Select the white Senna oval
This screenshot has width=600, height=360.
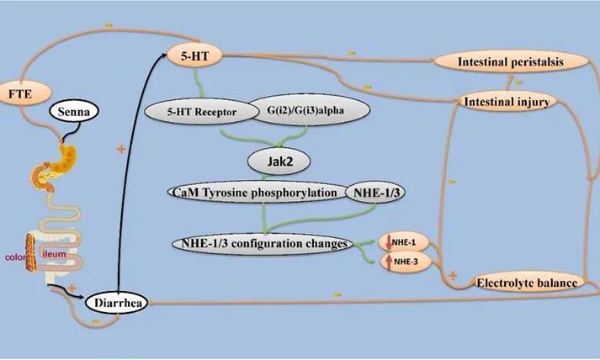coord(77,111)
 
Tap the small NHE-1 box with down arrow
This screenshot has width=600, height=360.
coord(399,243)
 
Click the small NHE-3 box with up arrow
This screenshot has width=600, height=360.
coord(399,261)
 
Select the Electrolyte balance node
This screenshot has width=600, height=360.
coord(527,283)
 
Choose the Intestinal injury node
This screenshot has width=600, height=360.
coord(507,102)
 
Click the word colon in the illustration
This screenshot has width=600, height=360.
coord(15,258)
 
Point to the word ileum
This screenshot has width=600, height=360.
coord(55,251)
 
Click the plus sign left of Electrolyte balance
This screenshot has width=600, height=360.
coord(452,275)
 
